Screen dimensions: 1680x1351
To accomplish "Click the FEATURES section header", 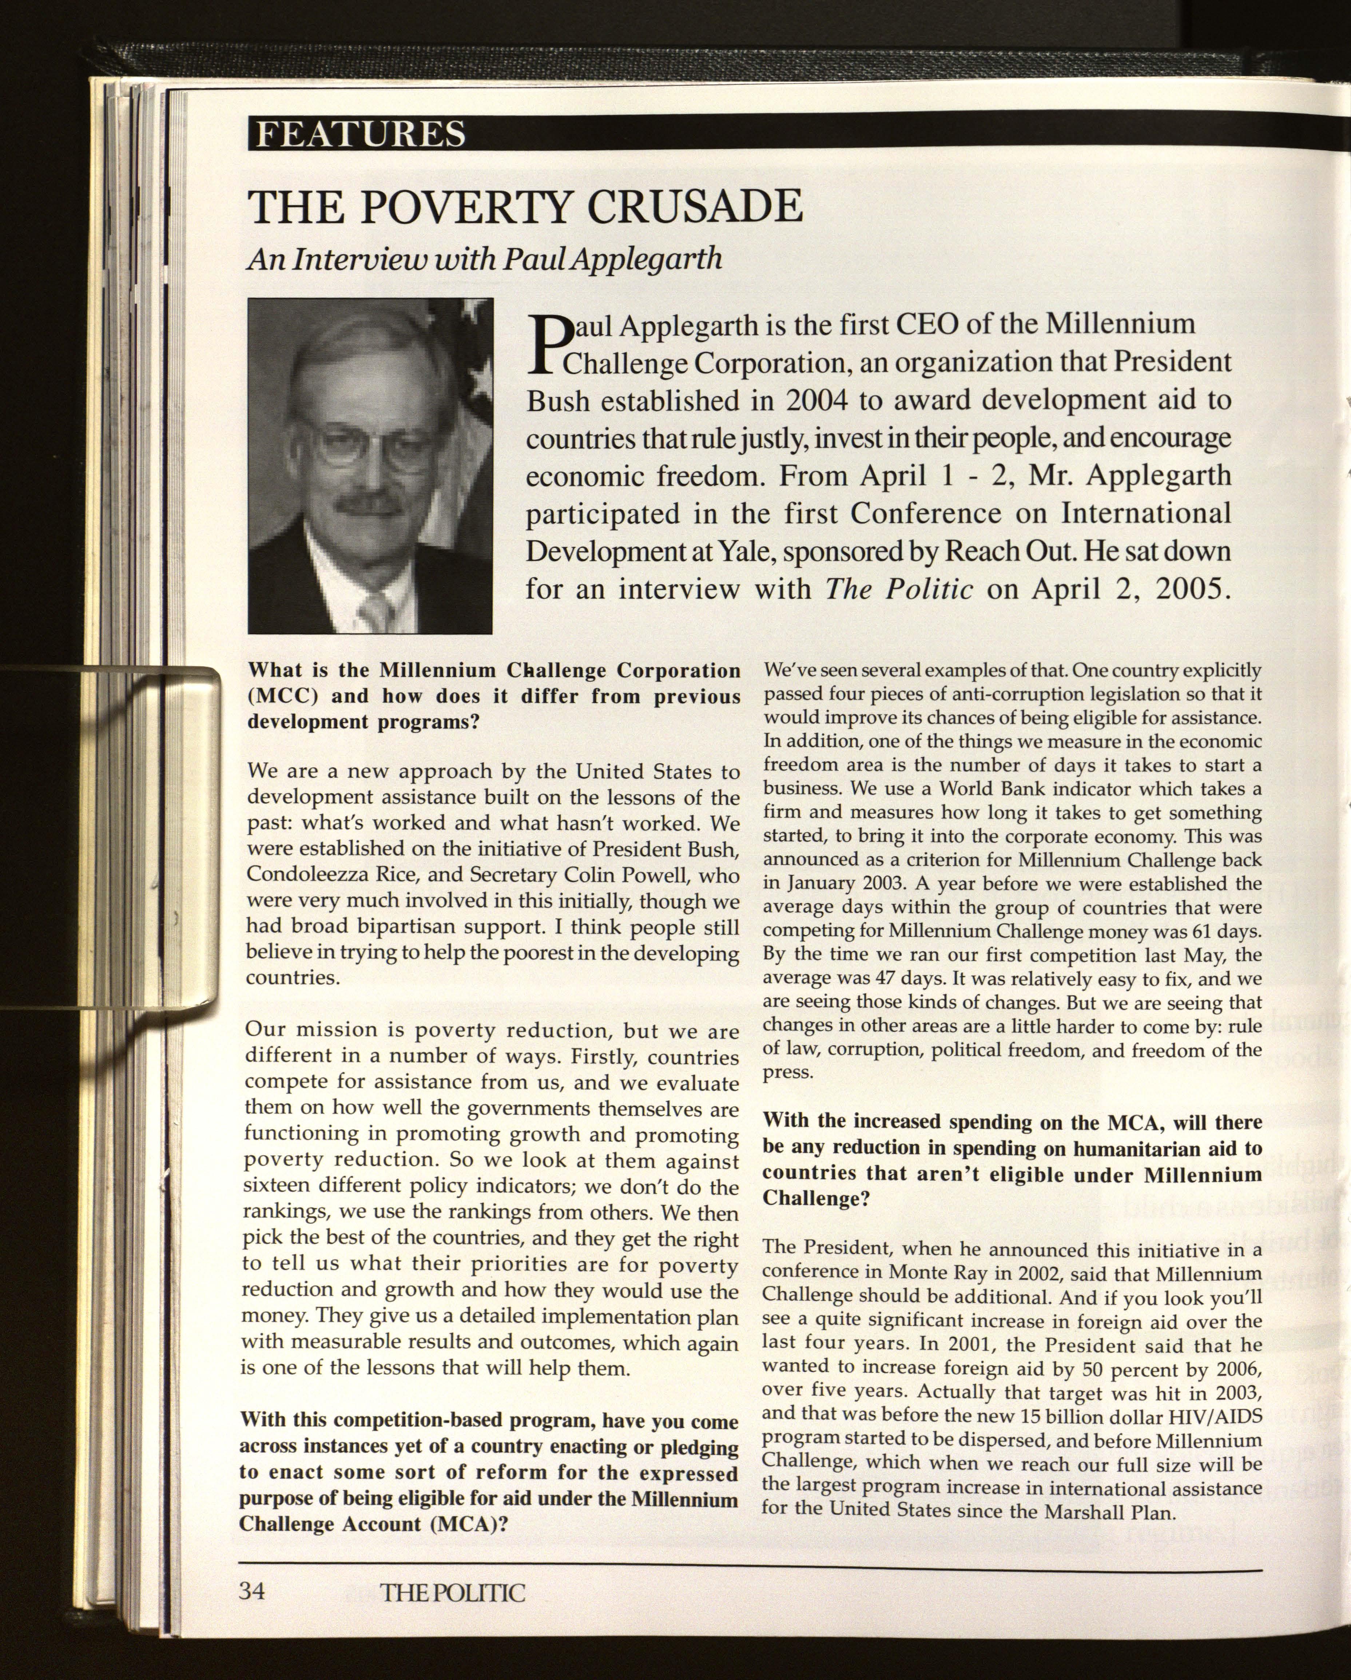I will point(360,134).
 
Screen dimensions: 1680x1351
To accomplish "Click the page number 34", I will point(252,1590).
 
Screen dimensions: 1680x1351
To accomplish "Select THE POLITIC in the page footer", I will point(453,1592).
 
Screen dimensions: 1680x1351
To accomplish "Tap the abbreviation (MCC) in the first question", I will point(285,696).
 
